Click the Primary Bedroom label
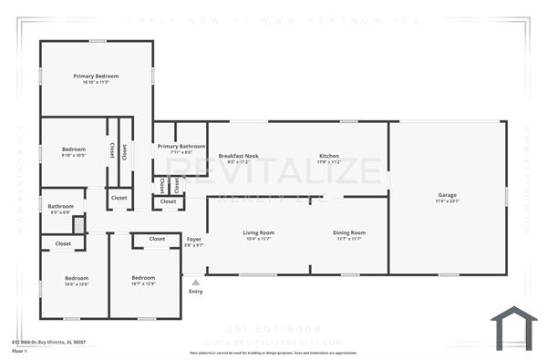click(x=96, y=76)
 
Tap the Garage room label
click(x=447, y=194)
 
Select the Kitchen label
click(x=329, y=156)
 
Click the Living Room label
click(x=258, y=232)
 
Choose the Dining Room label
click(x=348, y=232)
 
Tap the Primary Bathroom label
click(x=181, y=146)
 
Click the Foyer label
click(x=193, y=239)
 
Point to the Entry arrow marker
click(x=195, y=282)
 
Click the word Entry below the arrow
click(x=195, y=292)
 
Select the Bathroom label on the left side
click(x=61, y=206)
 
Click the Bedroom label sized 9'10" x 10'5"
click(x=74, y=149)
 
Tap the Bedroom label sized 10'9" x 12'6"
click(x=77, y=278)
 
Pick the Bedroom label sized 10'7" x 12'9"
click(x=143, y=278)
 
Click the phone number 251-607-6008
click(x=273, y=329)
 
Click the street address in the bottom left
click(x=48, y=343)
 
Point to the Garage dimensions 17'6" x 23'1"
click(x=447, y=201)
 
